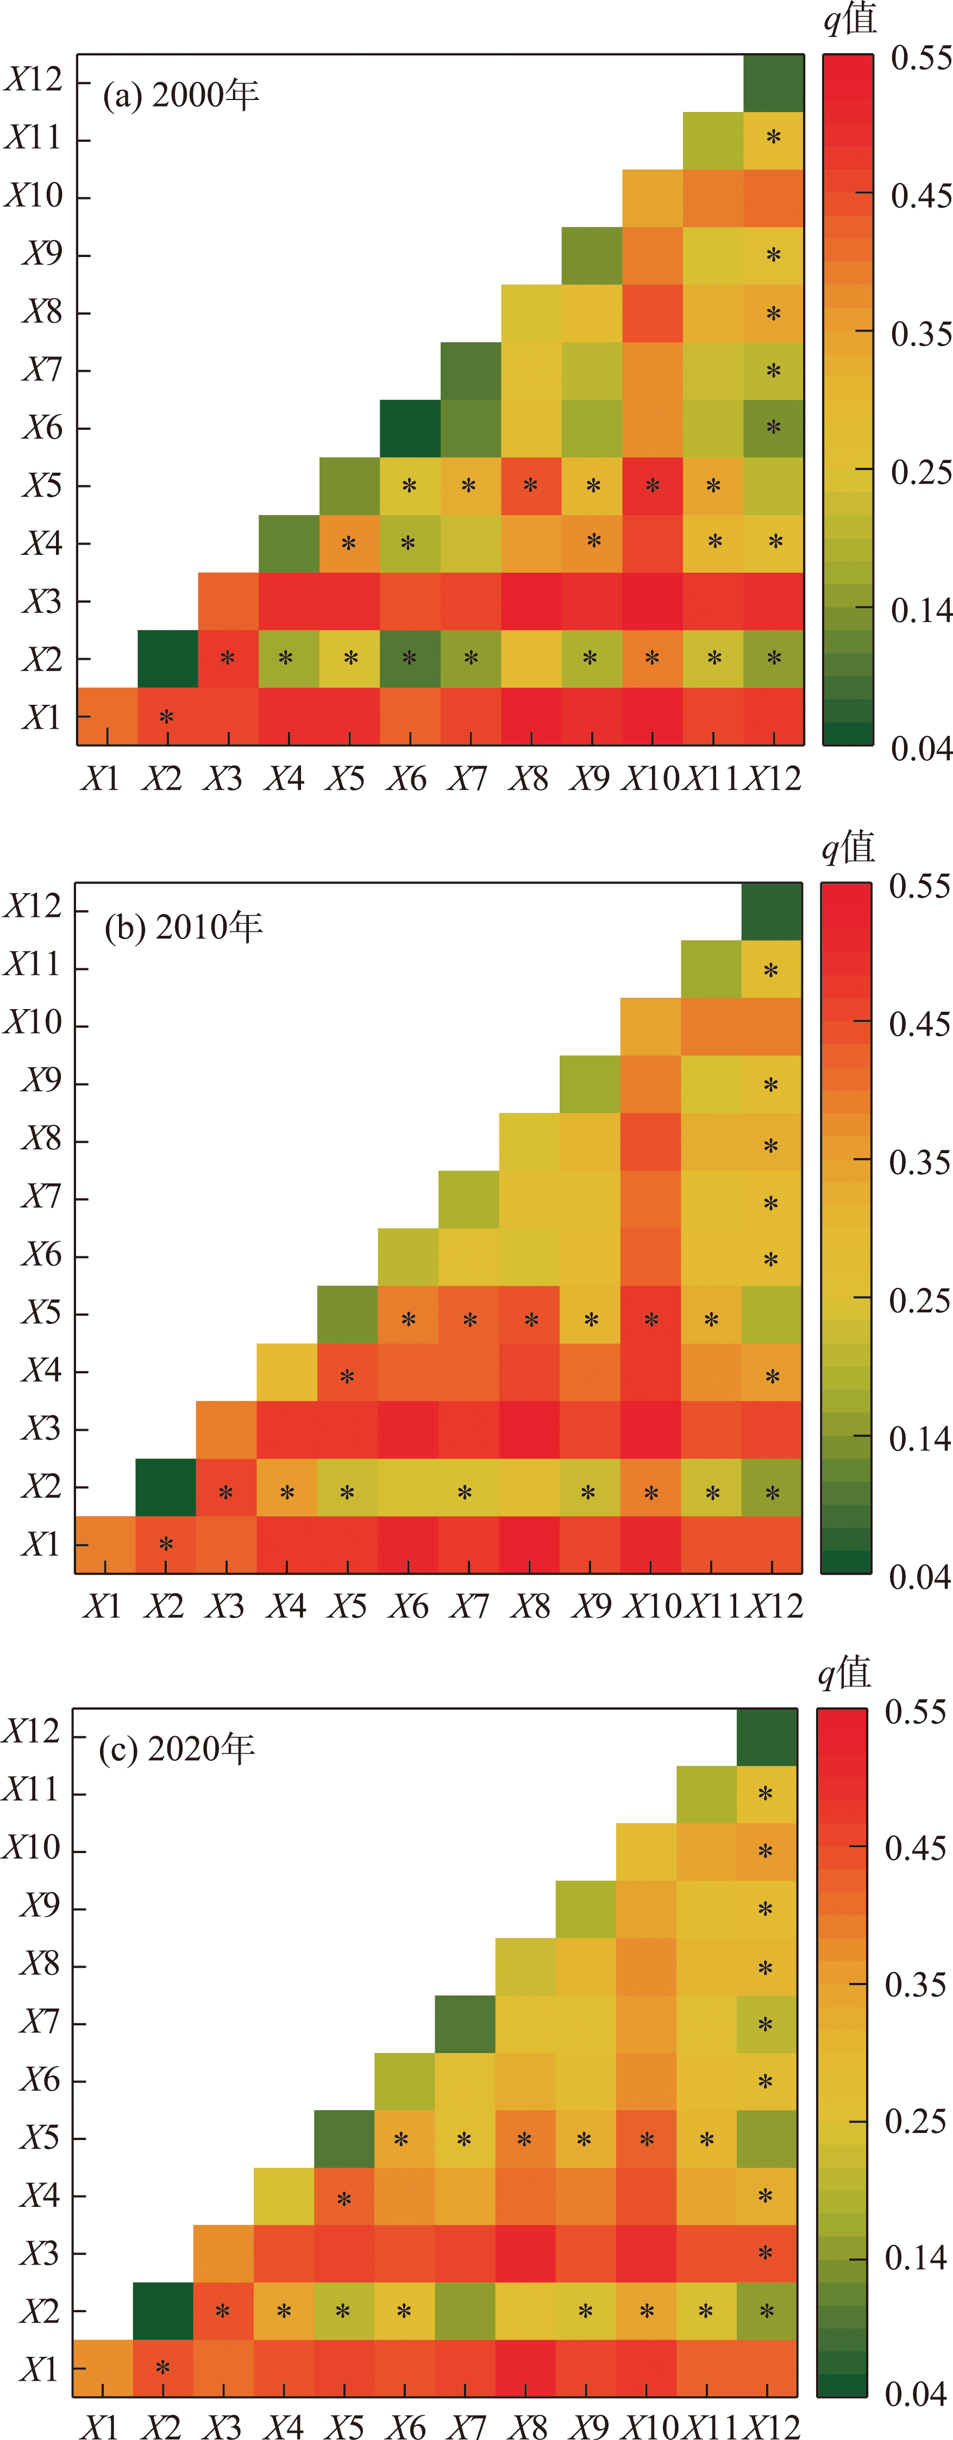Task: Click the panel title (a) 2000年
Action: coord(180,95)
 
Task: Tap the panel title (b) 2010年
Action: coord(183,927)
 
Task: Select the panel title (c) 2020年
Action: coord(177,1749)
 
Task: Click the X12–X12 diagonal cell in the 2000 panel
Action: coord(773,83)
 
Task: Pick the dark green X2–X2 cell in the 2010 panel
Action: coord(166,1487)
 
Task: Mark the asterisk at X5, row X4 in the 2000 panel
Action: coord(349,543)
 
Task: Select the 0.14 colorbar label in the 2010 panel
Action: coord(919,1440)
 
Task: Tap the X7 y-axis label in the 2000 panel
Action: coord(42,370)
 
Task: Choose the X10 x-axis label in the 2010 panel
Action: coord(651,1605)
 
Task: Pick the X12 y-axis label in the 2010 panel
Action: coord(33,906)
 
